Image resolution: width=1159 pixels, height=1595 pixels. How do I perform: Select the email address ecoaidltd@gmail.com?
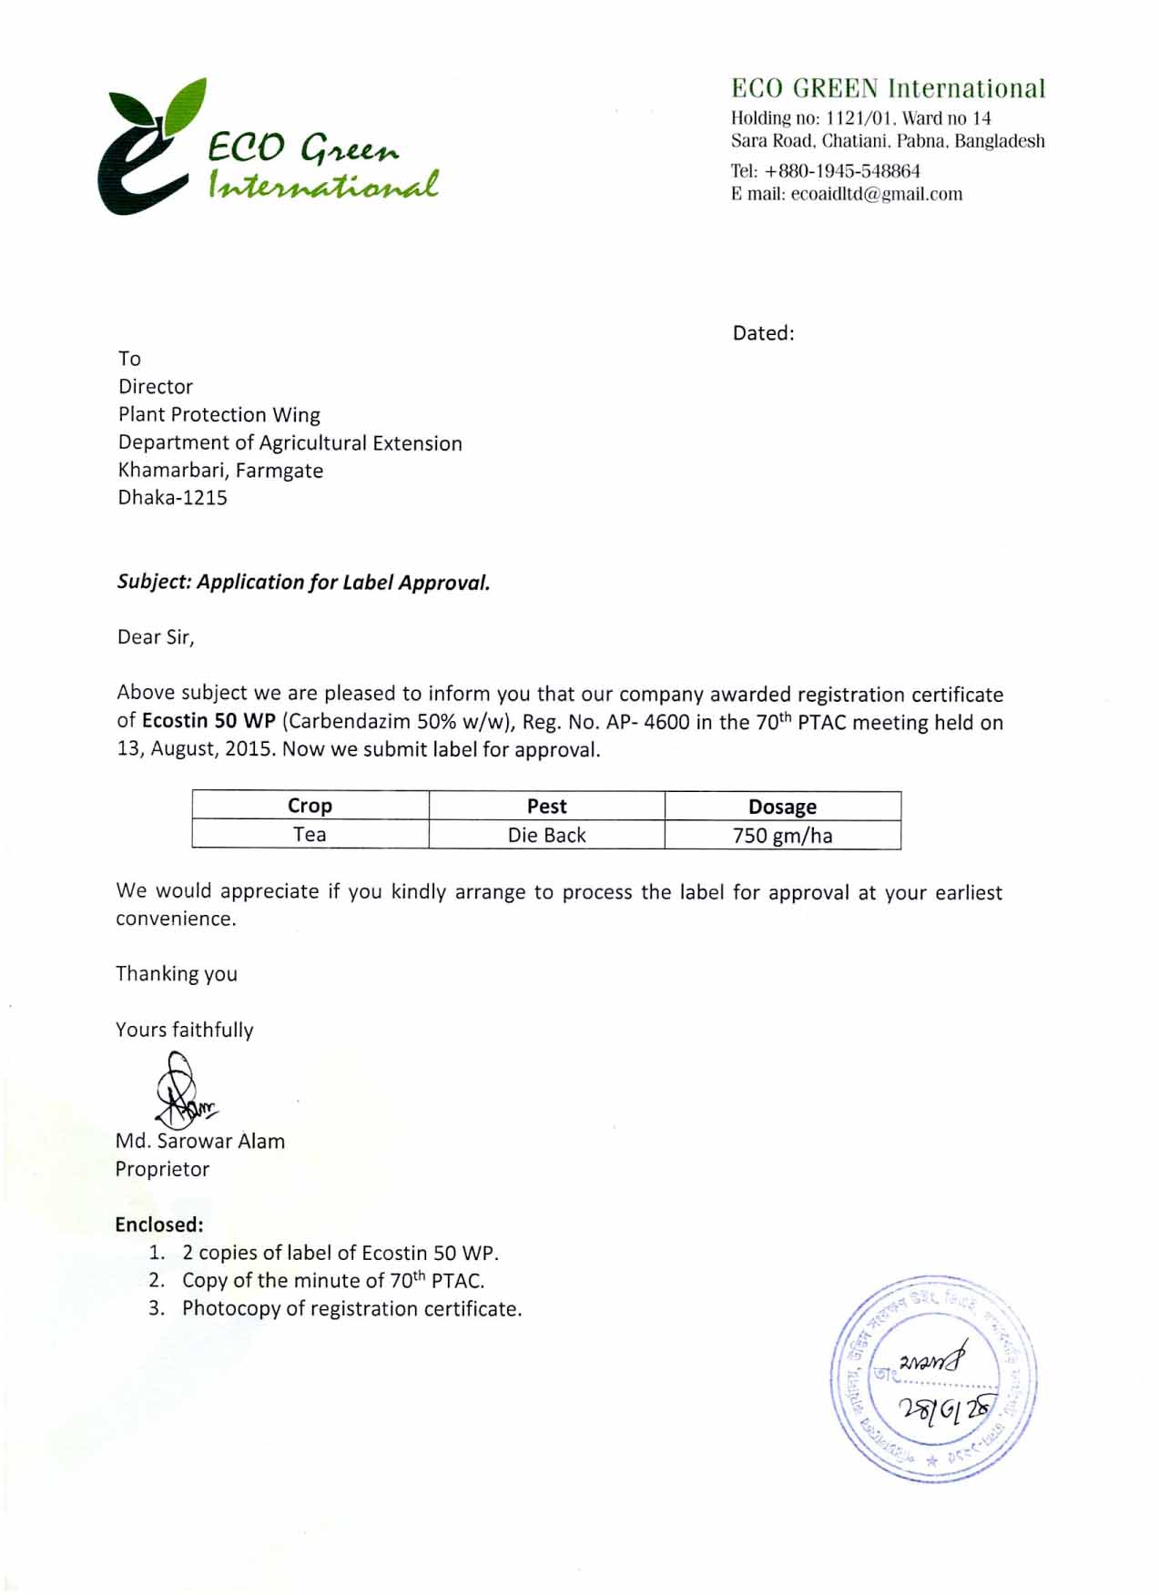tap(876, 194)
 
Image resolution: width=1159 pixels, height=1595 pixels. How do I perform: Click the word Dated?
tap(763, 333)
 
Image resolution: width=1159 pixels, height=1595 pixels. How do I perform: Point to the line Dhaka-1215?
tap(173, 498)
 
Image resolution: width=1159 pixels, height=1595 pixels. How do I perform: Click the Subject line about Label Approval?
tap(303, 583)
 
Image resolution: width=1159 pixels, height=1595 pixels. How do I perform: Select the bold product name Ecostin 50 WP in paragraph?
tap(208, 722)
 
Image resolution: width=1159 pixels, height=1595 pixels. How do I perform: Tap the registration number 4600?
tap(666, 723)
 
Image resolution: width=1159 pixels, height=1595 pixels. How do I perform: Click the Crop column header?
tap(310, 806)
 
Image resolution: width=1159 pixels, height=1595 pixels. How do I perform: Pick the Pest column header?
tap(546, 807)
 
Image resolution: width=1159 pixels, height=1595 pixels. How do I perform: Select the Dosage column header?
tap(782, 807)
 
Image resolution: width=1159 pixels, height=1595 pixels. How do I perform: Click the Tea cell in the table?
tap(310, 835)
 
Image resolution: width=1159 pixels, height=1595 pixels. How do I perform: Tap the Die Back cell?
tap(546, 836)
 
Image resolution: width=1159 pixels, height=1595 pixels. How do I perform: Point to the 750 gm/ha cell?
tap(782, 836)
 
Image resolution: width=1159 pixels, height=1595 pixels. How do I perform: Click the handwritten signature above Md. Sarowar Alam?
tap(182, 1091)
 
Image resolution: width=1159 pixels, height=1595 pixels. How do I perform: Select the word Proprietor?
tap(162, 1170)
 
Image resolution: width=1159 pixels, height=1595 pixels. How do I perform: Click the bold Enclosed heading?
tap(159, 1225)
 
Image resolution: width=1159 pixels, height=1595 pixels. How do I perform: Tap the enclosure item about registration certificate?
tap(351, 1309)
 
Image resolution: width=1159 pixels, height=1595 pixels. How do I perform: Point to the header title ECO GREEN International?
tap(888, 88)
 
